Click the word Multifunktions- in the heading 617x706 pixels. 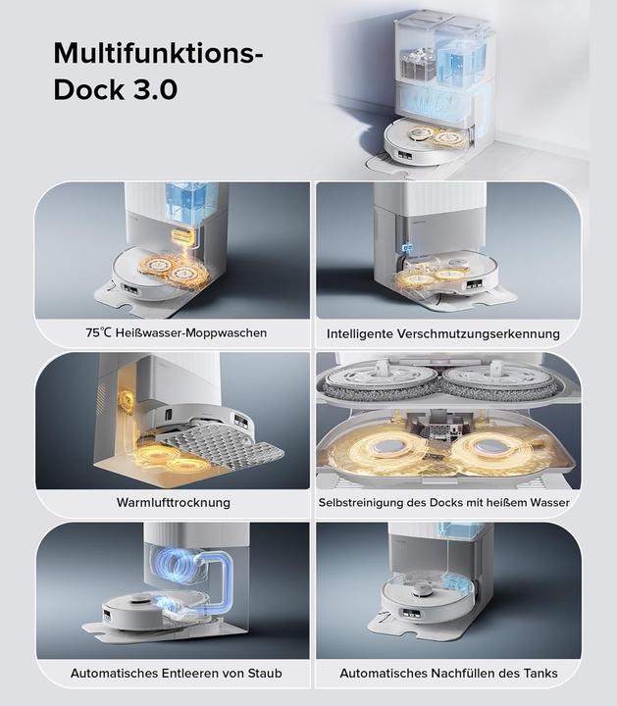[158, 52]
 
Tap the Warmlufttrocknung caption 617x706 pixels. [173, 503]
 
